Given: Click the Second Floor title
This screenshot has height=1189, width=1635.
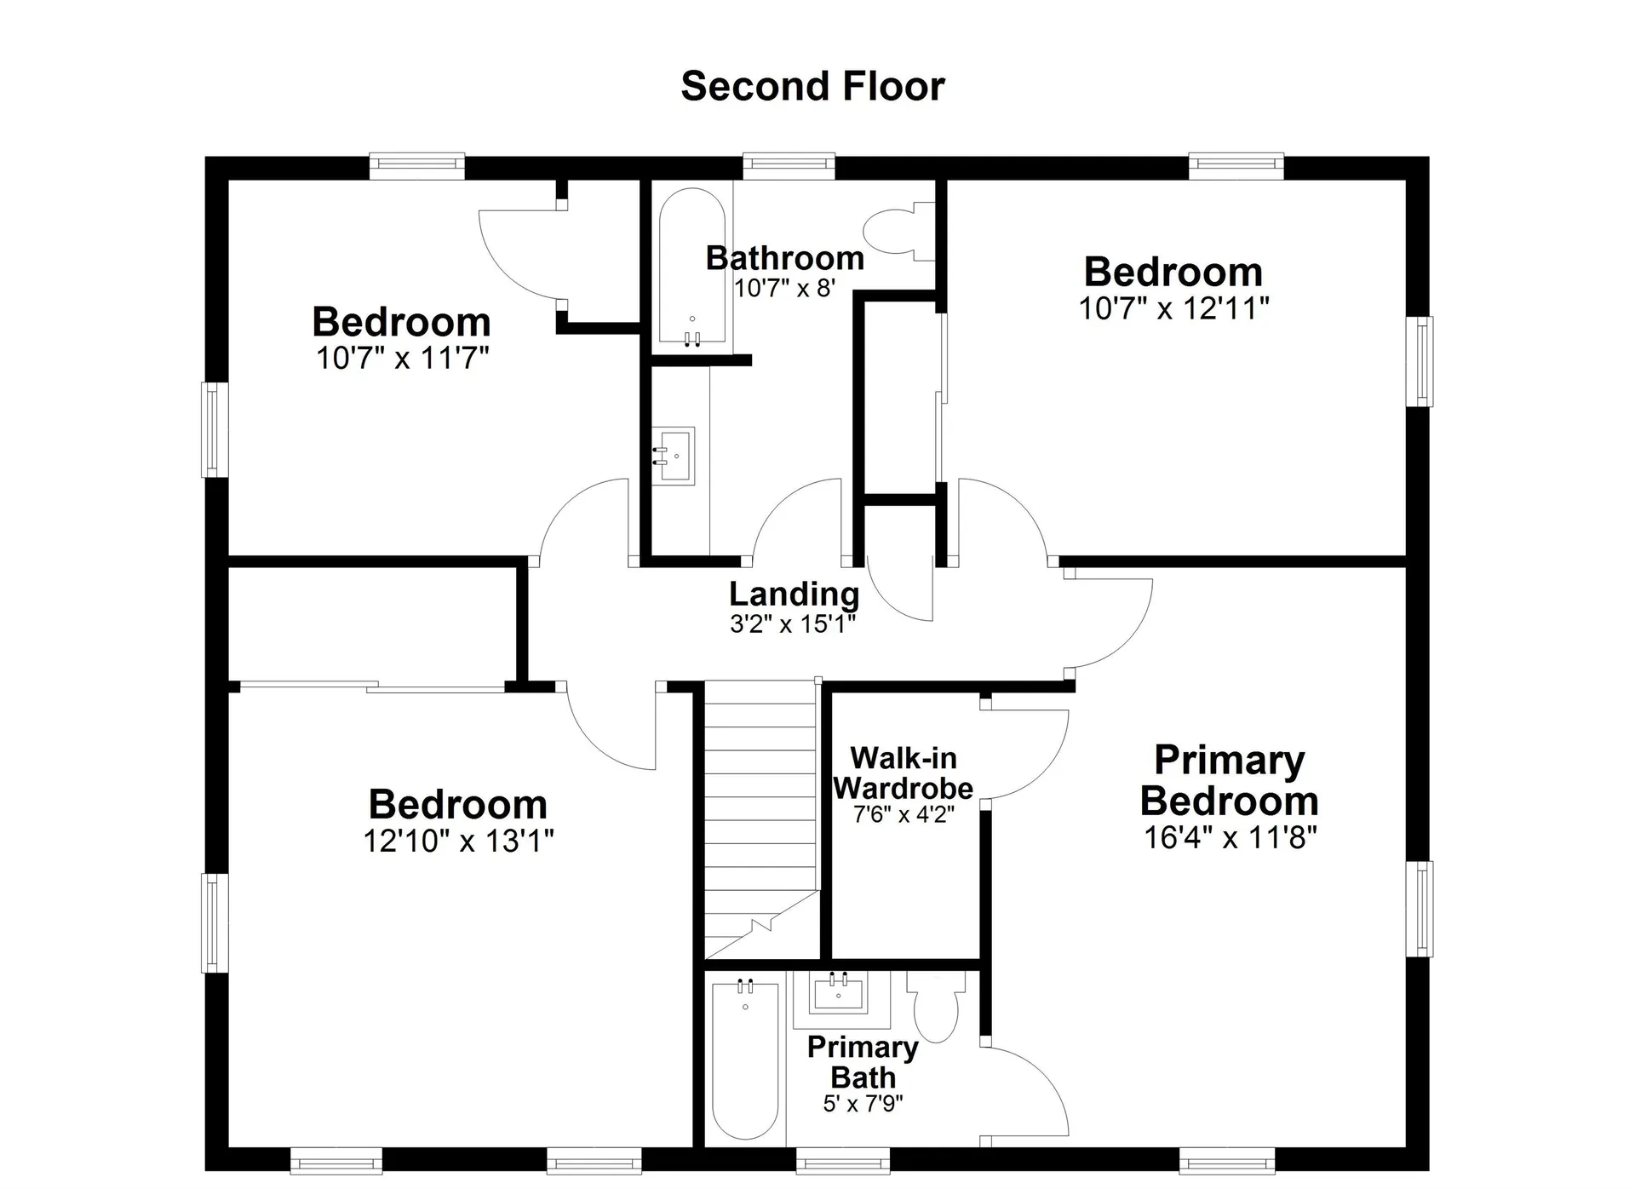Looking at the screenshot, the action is (812, 86).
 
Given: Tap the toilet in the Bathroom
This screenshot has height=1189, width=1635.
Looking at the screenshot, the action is (898, 231).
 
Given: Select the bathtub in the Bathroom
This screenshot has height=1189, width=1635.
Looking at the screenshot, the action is (692, 267).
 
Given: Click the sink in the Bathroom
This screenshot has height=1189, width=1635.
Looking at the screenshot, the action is (674, 456).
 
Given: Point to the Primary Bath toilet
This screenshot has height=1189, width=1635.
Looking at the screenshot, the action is (936, 1007).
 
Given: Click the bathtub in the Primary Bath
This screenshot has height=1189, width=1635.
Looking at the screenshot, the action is (745, 1060).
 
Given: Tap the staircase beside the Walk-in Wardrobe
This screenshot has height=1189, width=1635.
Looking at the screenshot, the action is (761, 820).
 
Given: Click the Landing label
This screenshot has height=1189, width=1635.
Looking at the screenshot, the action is (794, 594).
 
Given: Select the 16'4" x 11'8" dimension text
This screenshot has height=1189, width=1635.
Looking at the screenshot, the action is (1230, 837).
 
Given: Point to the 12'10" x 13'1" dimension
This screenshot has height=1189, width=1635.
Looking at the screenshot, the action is (458, 841).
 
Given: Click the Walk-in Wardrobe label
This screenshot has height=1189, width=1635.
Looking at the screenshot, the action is (904, 773).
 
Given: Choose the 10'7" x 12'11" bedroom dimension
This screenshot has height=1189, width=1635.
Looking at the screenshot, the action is (1173, 308).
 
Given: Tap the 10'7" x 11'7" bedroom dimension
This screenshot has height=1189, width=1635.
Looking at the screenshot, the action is (402, 358).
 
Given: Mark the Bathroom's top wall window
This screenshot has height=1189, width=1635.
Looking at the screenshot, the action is (789, 165).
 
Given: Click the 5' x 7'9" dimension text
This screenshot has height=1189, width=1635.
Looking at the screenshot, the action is (863, 1104).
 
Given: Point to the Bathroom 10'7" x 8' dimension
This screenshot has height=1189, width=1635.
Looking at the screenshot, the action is (784, 288).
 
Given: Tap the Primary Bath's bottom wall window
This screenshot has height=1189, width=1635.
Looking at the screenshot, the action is (842, 1160).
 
